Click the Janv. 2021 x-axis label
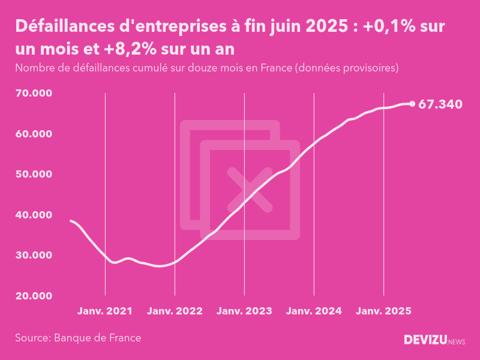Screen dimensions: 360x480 [x=105, y=311]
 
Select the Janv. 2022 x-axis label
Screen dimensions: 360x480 [x=175, y=311]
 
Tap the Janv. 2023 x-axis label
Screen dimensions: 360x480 [x=244, y=311]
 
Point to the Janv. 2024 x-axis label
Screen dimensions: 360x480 [x=314, y=311]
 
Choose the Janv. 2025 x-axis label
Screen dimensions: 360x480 [x=383, y=311]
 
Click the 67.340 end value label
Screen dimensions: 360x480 [x=440, y=104]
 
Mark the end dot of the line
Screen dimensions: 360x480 [x=412, y=104]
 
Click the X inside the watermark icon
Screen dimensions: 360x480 [x=250, y=190]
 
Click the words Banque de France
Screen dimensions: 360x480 [x=98, y=338]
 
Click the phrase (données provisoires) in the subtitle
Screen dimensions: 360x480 [x=346, y=68]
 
